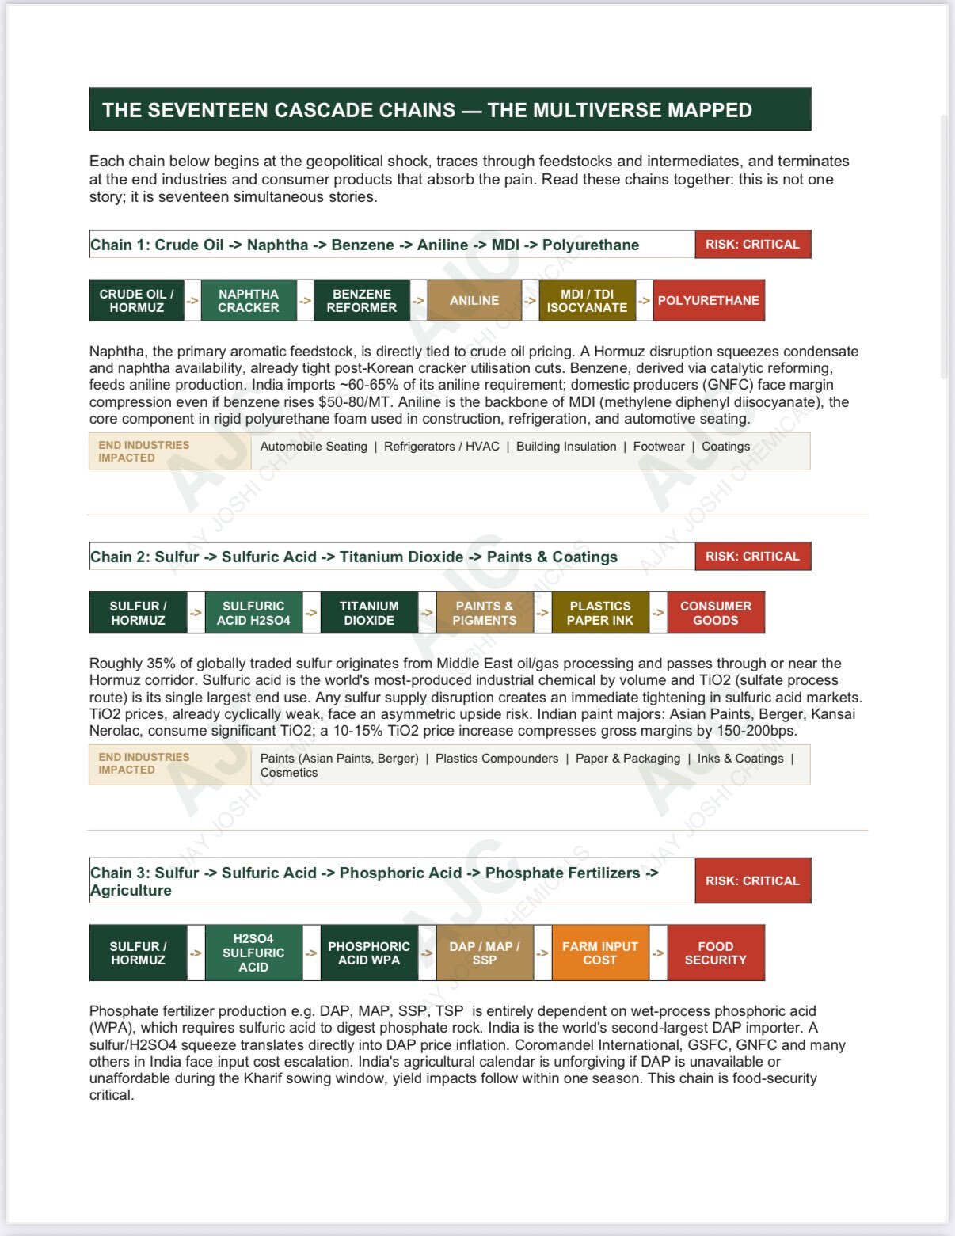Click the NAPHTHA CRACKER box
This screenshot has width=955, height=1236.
coord(249,301)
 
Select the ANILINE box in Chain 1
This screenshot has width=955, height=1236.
coord(474,301)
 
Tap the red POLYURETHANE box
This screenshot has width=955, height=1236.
coord(709,301)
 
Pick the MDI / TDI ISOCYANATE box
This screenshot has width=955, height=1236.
coord(587,301)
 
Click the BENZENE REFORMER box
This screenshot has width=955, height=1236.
coord(362,301)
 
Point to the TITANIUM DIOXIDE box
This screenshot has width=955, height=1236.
coord(369,613)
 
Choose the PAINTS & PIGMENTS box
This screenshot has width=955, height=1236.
coord(485,613)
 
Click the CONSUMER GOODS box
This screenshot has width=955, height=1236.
coord(716,613)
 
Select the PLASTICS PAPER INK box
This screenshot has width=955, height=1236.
coord(600,613)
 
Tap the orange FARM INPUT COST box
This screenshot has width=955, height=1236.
coord(600,953)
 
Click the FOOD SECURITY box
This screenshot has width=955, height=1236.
coord(716,953)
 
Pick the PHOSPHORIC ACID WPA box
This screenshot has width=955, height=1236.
coord(369,953)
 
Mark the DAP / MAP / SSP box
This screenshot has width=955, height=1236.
coord(485,953)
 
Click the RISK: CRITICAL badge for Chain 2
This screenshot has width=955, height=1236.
coord(753,557)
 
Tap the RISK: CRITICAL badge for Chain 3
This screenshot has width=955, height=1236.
coord(753,880)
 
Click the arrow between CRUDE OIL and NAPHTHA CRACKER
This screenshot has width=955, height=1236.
coord(192,301)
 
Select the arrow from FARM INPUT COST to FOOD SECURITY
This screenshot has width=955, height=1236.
coord(658,953)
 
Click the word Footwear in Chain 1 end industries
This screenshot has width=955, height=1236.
coord(659,447)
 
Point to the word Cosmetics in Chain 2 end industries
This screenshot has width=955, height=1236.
coord(289,773)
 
